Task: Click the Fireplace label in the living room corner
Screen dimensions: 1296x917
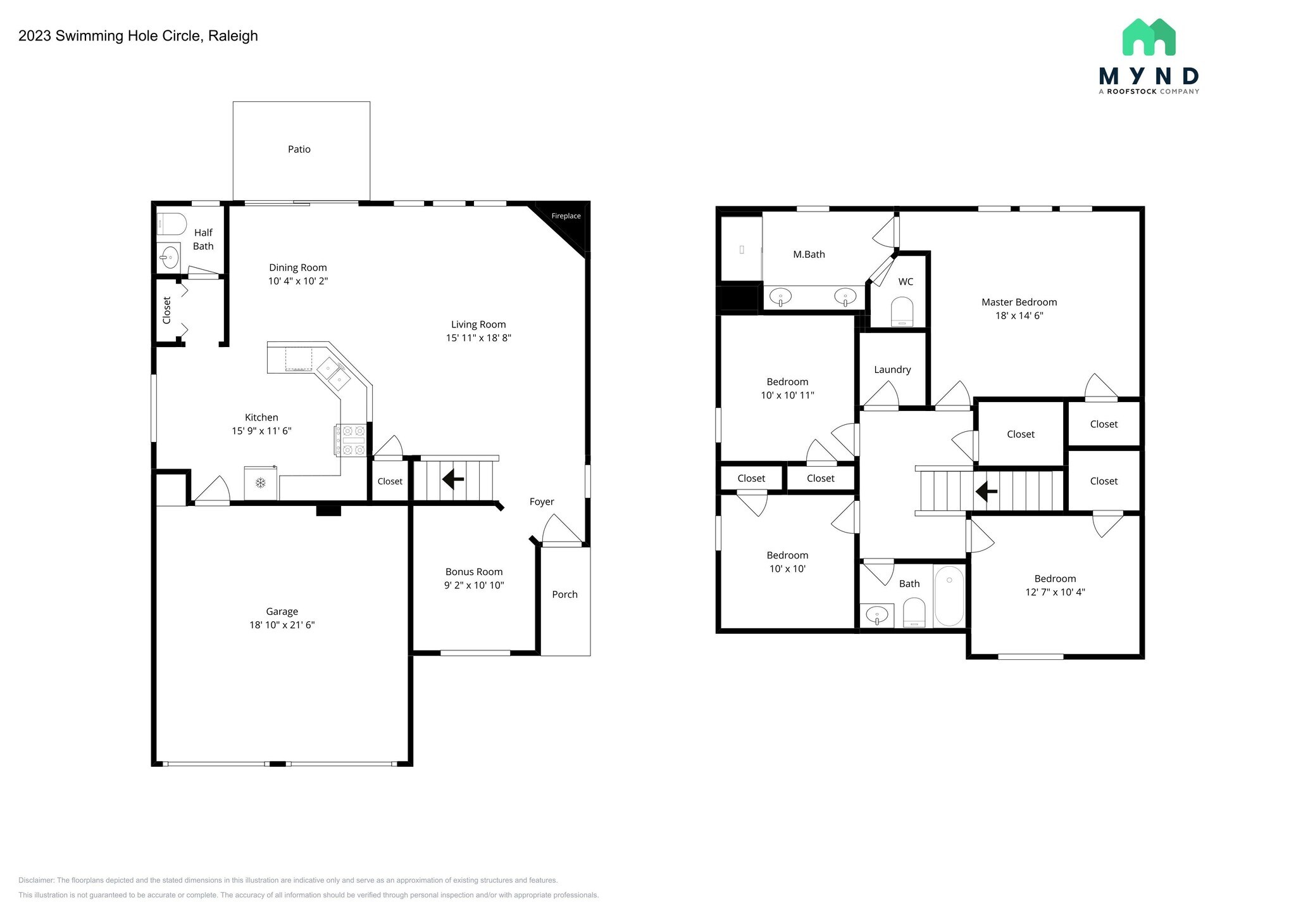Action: [x=566, y=216]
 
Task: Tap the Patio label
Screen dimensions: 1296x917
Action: [x=299, y=149]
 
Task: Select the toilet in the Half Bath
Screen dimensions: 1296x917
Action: [x=171, y=224]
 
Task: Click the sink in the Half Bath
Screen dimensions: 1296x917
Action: [x=169, y=257]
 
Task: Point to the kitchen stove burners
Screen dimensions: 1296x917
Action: [x=350, y=440]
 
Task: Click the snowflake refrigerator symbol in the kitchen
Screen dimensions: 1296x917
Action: [x=260, y=483]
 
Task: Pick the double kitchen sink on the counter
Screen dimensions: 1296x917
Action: [x=333, y=374]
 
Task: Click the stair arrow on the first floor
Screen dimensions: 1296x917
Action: [x=453, y=479]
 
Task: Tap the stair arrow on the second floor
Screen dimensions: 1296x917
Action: [x=986, y=491]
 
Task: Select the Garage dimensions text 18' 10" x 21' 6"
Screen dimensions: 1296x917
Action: [x=282, y=625]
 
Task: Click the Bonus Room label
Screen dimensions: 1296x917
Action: [x=474, y=572]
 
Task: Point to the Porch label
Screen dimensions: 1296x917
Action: [x=565, y=595]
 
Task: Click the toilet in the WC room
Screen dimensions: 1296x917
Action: [x=902, y=313]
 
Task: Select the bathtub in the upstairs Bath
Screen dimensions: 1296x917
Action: [x=949, y=597]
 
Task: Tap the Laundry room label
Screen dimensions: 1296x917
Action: [x=892, y=370]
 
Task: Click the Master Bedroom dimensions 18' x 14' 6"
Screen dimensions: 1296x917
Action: [x=1019, y=315]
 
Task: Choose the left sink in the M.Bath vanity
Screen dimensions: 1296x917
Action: [x=781, y=296]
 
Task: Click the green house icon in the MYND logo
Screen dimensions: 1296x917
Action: [x=1149, y=37]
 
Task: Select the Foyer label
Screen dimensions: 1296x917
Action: [x=542, y=502]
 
